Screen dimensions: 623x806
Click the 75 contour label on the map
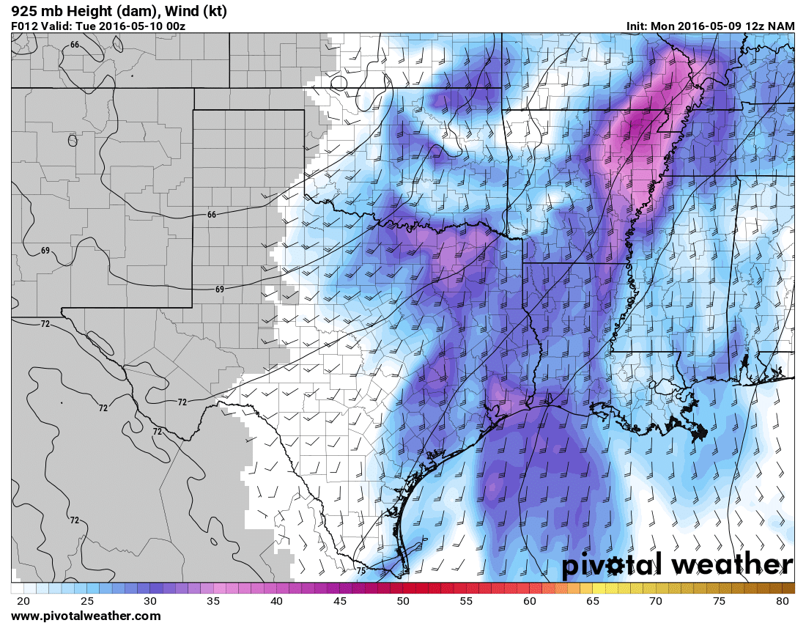coord(361,570)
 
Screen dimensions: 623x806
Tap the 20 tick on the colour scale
coord(23,601)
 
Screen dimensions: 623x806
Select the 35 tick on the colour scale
coord(213,601)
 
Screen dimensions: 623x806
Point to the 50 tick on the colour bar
coord(403,601)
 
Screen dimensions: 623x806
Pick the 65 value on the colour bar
coord(593,601)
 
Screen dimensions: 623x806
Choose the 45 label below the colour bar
coord(340,601)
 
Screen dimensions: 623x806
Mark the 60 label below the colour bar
coord(530,601)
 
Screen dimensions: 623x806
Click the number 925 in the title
coord(24,11)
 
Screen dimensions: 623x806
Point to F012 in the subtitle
coord(25,26)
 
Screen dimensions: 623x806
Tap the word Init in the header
coord(636,26)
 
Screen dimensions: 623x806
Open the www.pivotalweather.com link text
coord(86,616)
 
